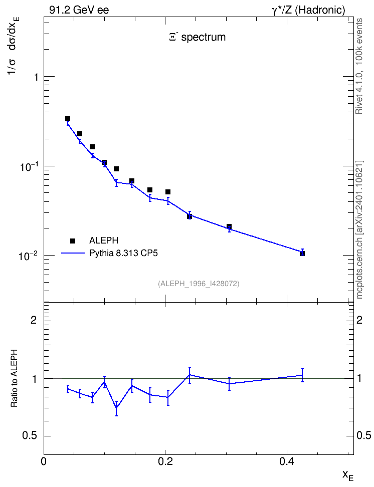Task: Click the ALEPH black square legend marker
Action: tap(73, 240)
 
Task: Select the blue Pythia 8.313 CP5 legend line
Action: tap(73, 253)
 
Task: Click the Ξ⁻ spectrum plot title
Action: tap(198, 37)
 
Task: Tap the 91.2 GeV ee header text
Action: tap(79, 10)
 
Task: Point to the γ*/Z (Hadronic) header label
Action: tap(308, 11)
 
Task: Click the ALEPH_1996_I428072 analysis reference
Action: tap(199, 284)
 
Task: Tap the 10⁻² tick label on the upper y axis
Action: tap(28, 256)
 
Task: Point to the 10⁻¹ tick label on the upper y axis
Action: tap(28, 167)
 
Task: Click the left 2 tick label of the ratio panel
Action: tap(34, 320)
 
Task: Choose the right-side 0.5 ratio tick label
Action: tap(363, 435)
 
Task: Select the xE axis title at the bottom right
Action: tap(348, 475)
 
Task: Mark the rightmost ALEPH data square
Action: tap(302, 254)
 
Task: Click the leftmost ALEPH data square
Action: tap(68, 119)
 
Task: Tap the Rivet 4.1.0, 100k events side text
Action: tap(359, 66)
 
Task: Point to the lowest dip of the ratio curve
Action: tap(116, 408)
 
